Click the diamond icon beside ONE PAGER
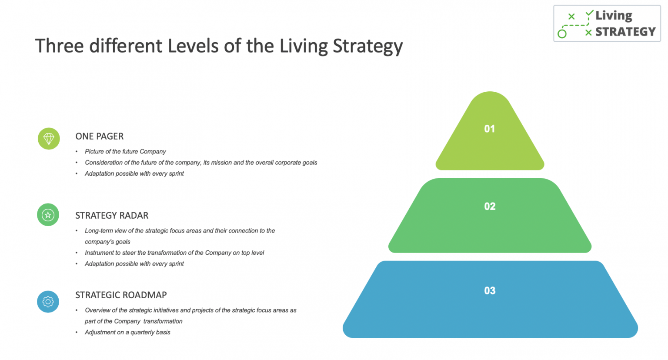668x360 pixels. [x=49, y=139]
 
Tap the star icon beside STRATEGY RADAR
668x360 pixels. [x=48, y=215]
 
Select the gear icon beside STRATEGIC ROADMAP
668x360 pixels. [x=48, y=302]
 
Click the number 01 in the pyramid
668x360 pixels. [x=490, y=129]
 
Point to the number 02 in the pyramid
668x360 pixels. [x=490, y=207]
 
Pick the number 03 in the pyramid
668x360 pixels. [x=490, y=291]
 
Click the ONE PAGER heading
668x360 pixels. [x=100, y=137]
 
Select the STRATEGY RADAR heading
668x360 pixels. [x=112, y=216]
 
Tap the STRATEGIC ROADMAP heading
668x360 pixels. [x=121, y=295]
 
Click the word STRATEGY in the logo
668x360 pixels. [x=625, y=32]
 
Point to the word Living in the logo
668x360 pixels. [x=614, y=16]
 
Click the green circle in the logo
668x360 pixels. [x=562, y=33]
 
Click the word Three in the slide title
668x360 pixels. [x=59, y=46]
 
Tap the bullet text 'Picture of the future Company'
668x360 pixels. [x=125, y=152]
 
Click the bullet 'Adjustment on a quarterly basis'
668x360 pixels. [x=127, y=333]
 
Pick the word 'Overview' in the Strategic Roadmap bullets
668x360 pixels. [x=98, y=310]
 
